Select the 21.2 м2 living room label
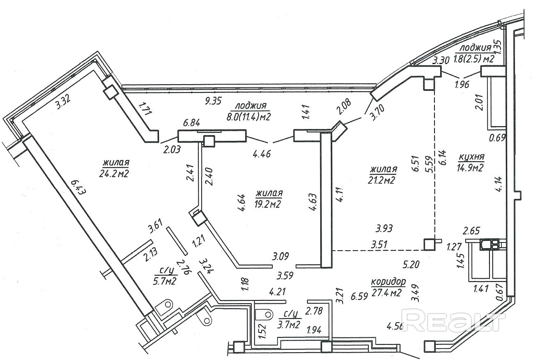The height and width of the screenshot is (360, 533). tap(383, 180)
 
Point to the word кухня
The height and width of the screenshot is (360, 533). tap(471, 157)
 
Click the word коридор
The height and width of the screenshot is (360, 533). tap(388, 282)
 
